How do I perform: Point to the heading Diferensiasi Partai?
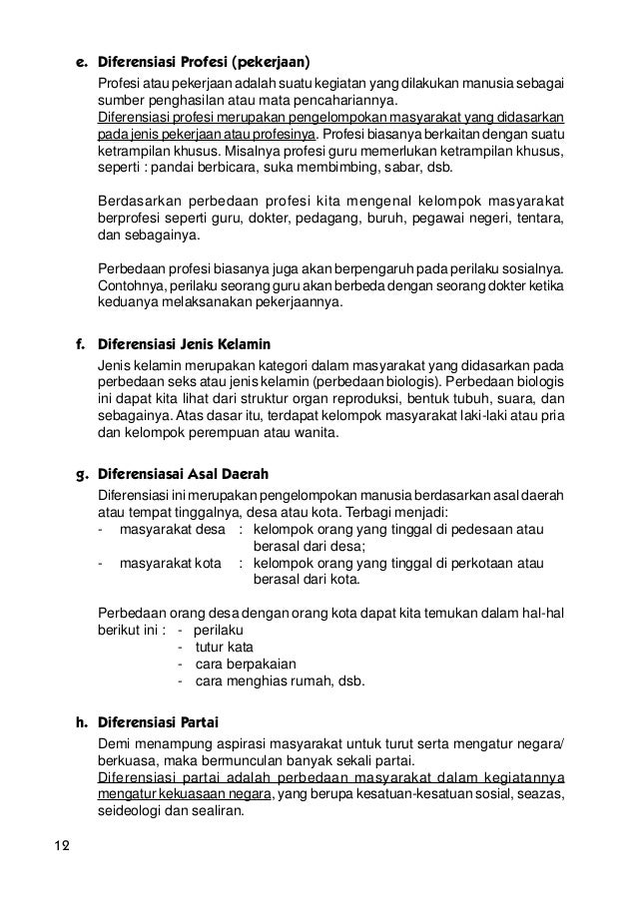point(158,721)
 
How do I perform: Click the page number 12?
point(61,848)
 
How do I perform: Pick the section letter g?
point(81,473)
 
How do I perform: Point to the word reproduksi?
point(348,400)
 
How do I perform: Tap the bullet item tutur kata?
point(224,648)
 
